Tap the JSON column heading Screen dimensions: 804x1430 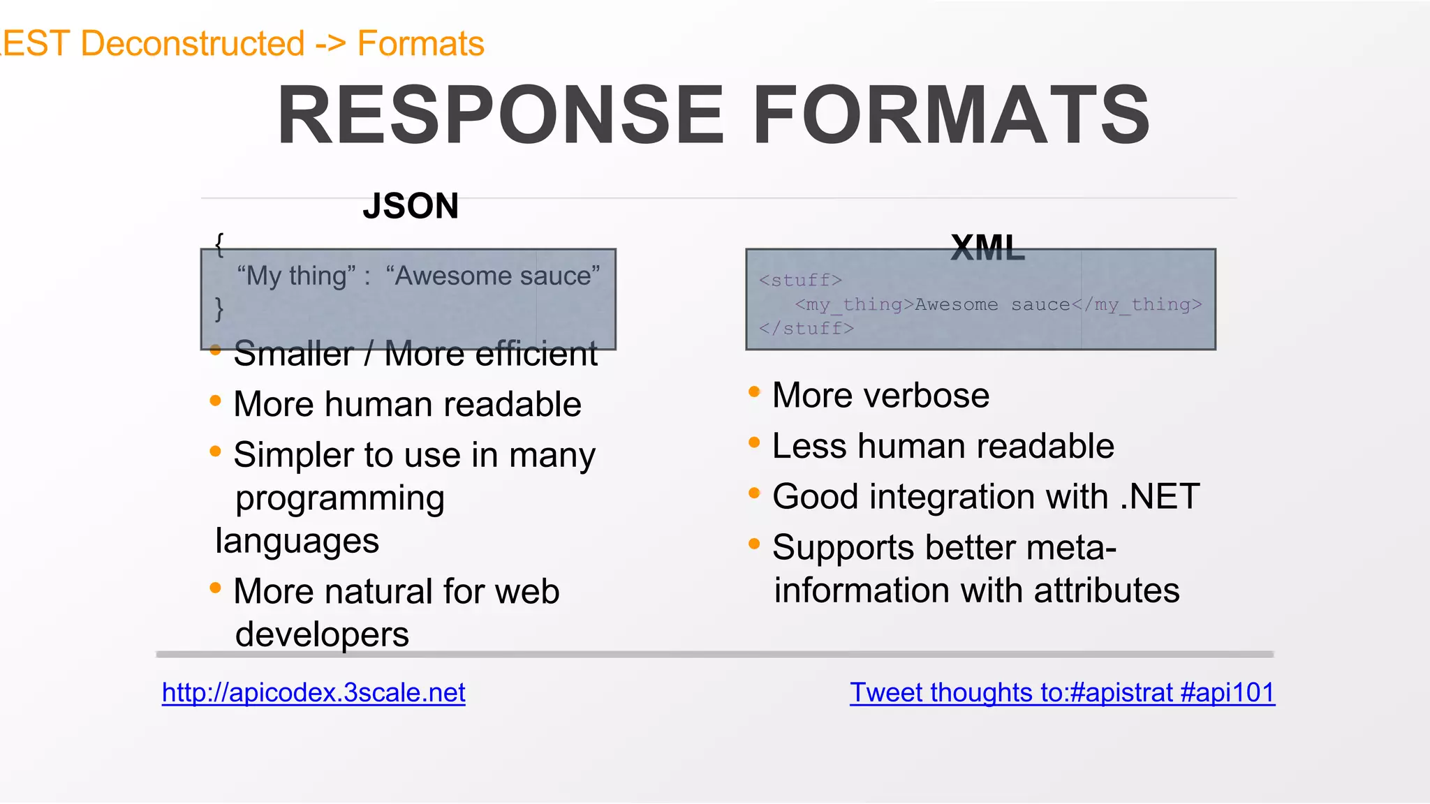click(x=411, y=207)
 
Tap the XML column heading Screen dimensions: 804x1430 click(x=987, y=248)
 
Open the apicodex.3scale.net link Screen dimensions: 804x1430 click(x=314, y=692)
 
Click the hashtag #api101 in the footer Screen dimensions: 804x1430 click(x=1227, y=692)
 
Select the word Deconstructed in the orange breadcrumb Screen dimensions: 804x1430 click(x=193, y=43)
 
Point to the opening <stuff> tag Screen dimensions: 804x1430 click(x=800, y=281)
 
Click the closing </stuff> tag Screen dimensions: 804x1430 click(x=806, y=328)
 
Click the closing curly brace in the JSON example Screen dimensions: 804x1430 click(x=219, y=308)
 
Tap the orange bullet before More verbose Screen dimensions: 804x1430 click(x=754, y=392)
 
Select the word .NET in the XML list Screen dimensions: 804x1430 click(x=1160, y=497)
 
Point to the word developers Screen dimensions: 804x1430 click(x=322, y=634)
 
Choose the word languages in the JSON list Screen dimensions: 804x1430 click(x=297, y=541)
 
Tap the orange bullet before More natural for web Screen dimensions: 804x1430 click(x=215, y=588)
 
